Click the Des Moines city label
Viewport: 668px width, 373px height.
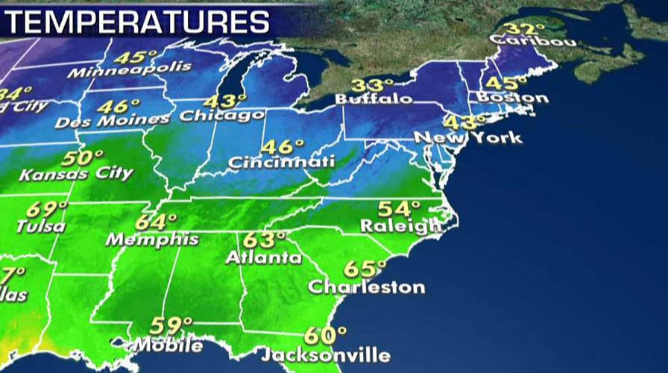tap(112, 119)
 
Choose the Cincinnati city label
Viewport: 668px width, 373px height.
tap(281, 161)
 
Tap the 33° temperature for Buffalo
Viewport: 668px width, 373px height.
tap(368, 84)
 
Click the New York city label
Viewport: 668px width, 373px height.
tap(468, 138)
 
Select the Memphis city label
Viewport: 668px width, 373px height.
tap(152, 239)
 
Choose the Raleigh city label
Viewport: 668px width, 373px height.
tap(400, 225)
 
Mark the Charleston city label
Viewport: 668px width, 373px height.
tap(366, 286)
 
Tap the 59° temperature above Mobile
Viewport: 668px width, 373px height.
tap(171, 326)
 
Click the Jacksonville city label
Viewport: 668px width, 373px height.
tap(326, 354)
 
